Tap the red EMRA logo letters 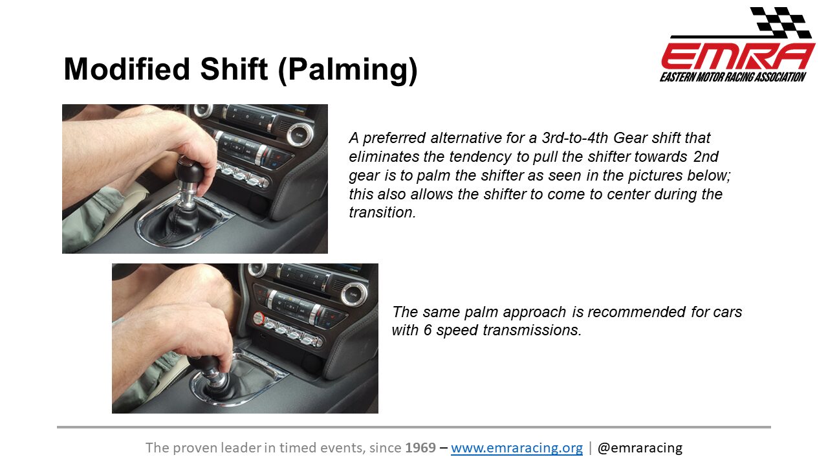(x=738, y=56)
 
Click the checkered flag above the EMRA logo (x=780, y=22)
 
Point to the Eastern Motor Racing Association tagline (x=733, y=77)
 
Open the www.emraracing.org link (x=517, y=448)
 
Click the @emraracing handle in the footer (x=640, y=448)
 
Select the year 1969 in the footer (x=420, y=448)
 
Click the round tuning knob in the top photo (x=300, y=135)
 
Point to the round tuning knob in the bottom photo (x=353, y=294)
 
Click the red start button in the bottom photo (x=258, y=318)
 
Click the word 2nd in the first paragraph (x=706, y=157)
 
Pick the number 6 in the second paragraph (x=428, y=330)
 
